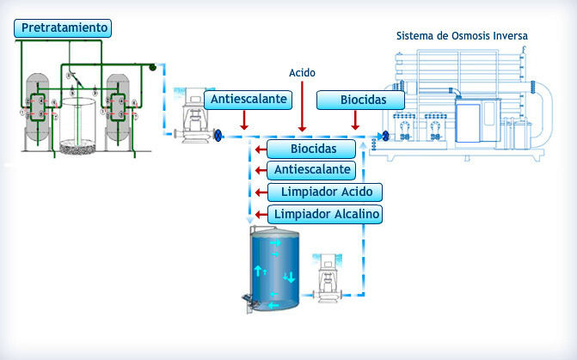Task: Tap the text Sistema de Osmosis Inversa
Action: click(x=462, y=36)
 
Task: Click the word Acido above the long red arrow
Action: click(x=302, y=73)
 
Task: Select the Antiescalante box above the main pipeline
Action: click(x=248, y=100)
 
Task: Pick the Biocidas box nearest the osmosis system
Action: click(x=360, y=100)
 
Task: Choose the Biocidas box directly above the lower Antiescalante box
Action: click(x=311, y=149)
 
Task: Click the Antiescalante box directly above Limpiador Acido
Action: click(x=311, y=170)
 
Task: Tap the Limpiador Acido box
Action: click(x=325, y=192)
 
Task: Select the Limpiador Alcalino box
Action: click(x=325, y=215)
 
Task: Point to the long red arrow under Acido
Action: click(x=302, y=107)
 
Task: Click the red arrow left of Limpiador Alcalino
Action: click(x=261, y=215)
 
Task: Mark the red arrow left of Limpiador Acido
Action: click(x=261, y=192)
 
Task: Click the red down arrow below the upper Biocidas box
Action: click(x=355, y=120)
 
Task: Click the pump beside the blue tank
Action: click(x=327, y=278)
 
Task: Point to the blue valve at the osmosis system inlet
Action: click(x=385, y=136)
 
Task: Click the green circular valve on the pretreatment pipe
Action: click(x=152, y=67)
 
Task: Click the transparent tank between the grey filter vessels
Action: click(x=77, y=125)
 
